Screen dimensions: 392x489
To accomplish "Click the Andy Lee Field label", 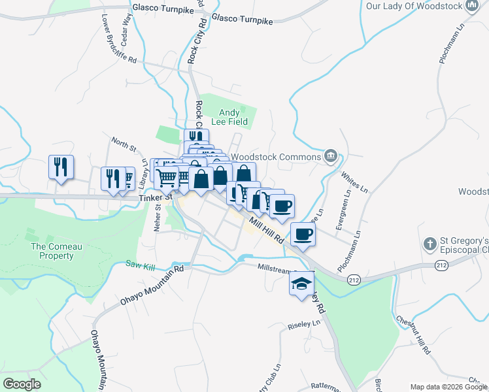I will pos(233,117).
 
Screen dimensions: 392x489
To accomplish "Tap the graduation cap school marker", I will pos(301,285).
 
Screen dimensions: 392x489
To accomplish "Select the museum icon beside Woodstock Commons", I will pos(331,157).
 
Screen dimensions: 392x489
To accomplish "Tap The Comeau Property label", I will pos(52,251).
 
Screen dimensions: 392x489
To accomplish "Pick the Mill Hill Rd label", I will pos(265,227).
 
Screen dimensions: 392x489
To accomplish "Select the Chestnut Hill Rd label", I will pos(414,336).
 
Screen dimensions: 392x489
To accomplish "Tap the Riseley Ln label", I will pos(305,325).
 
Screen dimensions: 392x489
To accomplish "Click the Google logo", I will pos(22,384).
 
